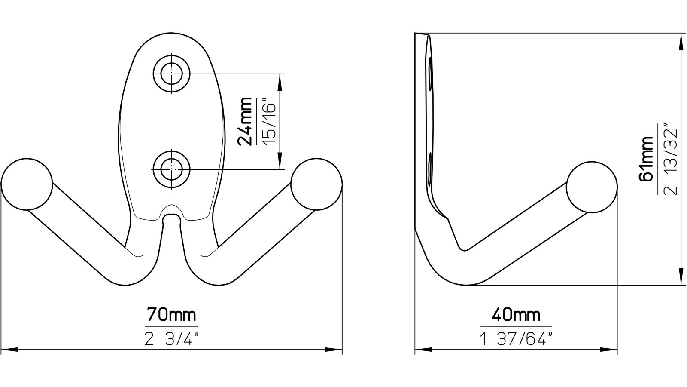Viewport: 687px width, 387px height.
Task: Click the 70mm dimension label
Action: [x=172, y=315]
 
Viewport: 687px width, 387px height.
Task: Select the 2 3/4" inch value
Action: [x=172, y=340]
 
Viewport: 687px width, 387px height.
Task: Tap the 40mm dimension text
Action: [x=516, y=315]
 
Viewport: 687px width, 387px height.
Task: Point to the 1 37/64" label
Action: [x=516, y=340]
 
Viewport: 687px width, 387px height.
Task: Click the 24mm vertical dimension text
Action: [x=246, y=122]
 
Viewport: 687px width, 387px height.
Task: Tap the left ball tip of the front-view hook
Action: [x=27, y=184]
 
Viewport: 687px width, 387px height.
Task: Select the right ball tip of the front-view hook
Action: [x=316, y=184]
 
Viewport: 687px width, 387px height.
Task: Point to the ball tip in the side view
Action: [x=592, y=187]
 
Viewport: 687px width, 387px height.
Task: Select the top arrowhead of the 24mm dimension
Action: [x=280, y=82]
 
